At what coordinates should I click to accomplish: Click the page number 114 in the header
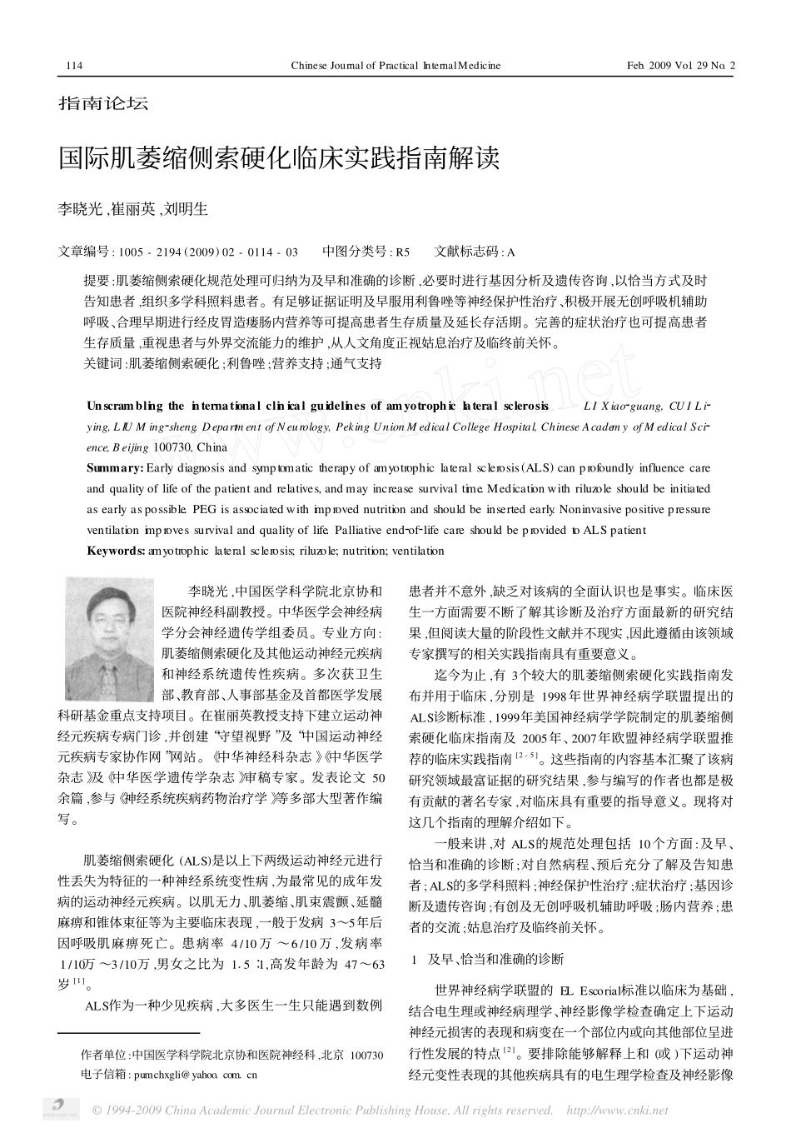point(72,65)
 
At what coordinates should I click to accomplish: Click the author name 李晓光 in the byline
point(80,209)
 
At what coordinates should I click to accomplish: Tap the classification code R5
point(402,252)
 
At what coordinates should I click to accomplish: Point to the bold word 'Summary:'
point(115,468)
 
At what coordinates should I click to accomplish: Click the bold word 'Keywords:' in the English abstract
point(117,551)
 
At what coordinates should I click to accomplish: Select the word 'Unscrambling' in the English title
point(124,406)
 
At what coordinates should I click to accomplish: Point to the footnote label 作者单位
point(105,1055)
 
